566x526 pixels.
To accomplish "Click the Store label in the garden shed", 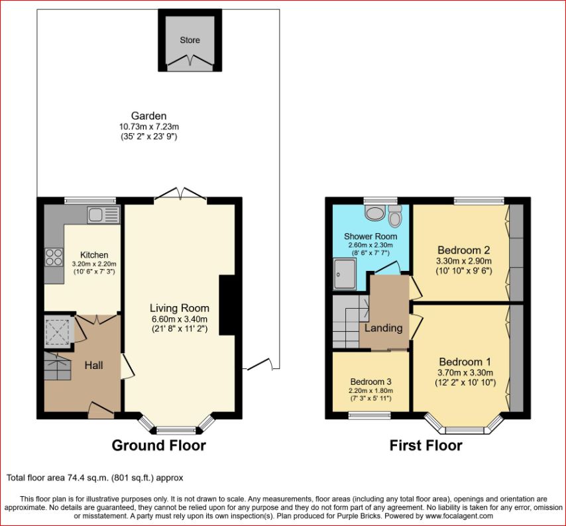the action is tap(190, 40).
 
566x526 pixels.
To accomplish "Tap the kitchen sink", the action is tap(103, 215).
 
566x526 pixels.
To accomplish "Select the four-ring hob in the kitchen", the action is tap(54, 257).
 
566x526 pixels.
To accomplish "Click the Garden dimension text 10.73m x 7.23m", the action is tap(149, 127).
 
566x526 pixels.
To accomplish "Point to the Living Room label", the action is tap(180, 308).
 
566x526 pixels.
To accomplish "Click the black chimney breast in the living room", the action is tap(227, 305).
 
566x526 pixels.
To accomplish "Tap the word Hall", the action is tap(93, 366).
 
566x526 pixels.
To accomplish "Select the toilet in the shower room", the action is tap(395, 216).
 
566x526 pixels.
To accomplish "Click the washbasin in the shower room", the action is tap(375, 212).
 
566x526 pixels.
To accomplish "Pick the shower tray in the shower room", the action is tap(345, 274).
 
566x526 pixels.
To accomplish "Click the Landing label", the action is tap(383, 328).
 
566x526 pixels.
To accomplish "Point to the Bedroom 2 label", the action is tap(464, 250).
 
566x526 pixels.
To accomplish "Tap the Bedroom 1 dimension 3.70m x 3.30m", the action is tap(465, 373).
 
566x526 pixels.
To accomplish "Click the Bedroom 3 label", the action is tap(370, 382).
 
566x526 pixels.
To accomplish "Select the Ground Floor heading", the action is tap(159, 446).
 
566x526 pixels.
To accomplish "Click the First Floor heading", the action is tap(425, 446).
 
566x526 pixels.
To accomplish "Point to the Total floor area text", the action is tap(95, 478).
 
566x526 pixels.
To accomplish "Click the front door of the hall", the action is tap(101, 411).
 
